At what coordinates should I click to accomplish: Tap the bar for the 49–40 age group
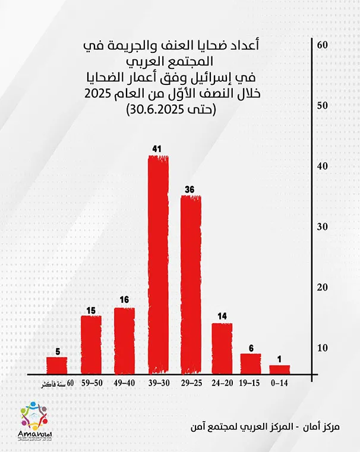(x=124, y=341)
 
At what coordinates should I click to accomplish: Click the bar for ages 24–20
(x=222, y=349)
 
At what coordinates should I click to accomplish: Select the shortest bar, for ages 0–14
(x=280, y=369)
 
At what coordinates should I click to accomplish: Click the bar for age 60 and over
(x=56, y=365)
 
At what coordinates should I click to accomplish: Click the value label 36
(x=190, y=189)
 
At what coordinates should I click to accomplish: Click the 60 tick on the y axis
(x=323, y=46)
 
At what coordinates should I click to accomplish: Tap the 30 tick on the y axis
(x=323, y=227)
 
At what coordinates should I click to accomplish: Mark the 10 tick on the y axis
(x=323, y=347)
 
